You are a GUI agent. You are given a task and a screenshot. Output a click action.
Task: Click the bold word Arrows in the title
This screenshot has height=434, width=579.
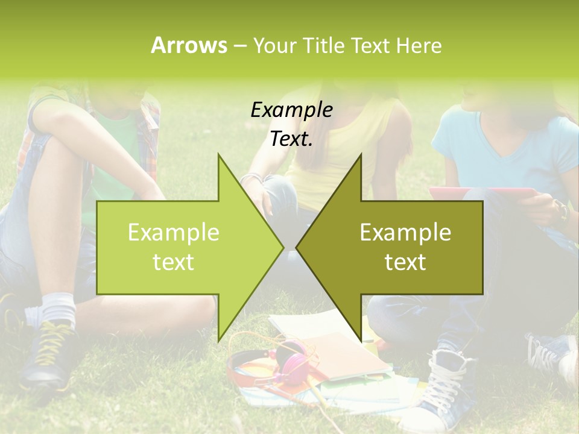(x=189, y=45)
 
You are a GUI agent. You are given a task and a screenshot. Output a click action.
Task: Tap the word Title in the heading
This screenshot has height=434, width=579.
(x=324, y=45)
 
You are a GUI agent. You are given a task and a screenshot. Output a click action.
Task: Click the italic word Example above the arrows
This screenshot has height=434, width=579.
(x=291, y=110)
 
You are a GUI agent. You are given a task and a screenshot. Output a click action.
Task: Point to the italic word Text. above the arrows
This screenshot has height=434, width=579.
(x=291, y=139)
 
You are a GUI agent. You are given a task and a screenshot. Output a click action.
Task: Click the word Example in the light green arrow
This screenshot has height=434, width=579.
(x=173, y=232)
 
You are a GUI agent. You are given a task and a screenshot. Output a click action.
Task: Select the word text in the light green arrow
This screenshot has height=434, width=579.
(x=173, y=262)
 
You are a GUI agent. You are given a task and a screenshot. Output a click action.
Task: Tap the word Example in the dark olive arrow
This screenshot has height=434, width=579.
(x=405, y=232)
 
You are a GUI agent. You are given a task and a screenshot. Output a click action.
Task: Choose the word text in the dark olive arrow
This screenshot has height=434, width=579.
(x=405, y=262)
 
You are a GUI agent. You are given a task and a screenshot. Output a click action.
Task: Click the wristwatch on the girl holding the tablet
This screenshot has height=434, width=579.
(x=562, y=212)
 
